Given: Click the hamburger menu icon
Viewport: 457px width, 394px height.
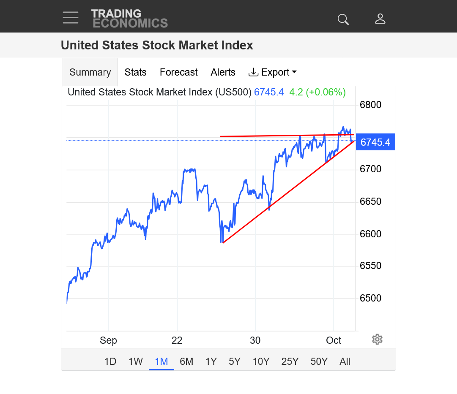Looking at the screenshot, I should click(71, 18).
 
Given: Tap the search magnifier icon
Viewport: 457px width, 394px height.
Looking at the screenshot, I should click(343, 19).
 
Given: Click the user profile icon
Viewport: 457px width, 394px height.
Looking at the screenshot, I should click(380, 19).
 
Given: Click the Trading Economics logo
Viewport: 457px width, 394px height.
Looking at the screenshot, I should click(129, 19).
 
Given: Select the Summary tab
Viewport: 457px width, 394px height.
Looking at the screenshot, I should click(90, 72).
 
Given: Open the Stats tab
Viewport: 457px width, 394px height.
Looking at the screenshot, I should click(135, 72).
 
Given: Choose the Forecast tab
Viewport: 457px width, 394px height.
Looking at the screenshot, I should click(178, 72).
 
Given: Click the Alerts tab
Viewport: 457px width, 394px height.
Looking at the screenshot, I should click(223, 72).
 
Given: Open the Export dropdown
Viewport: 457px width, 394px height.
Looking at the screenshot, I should click(273, 72).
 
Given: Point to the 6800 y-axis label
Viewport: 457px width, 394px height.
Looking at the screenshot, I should click(370, 105).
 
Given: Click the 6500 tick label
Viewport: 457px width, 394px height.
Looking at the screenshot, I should click(370, 298).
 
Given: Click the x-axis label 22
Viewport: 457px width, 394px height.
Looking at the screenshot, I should click(177, 340).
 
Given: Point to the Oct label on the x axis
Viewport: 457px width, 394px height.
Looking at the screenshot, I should click(334, 340).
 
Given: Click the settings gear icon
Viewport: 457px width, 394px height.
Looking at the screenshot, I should click(377, 339).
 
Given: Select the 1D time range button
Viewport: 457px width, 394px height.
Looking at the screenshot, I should click(110, 361).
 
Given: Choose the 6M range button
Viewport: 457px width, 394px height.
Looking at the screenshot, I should click(186, 361).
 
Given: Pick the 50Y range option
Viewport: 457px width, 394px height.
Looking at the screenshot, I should click(319, 361).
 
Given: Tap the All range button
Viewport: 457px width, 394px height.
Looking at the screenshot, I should click(345, 361).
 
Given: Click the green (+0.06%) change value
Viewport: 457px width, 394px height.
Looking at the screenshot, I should click(326, 92).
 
